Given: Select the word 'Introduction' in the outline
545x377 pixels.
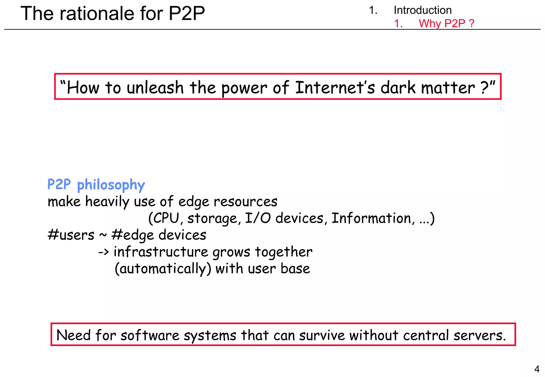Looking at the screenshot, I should coord(423,10).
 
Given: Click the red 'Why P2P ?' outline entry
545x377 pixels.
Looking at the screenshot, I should coord(447,23).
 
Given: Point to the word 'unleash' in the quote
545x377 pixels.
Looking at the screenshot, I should coord(155,88).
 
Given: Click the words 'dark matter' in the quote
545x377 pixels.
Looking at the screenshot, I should coord(428,88).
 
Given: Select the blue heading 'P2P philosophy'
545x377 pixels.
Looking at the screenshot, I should coord(96,185).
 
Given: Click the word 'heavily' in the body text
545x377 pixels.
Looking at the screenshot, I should coord(107,202).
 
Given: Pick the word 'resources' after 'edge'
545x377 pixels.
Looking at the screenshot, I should coord(245,202).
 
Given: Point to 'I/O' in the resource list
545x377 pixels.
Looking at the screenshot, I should coord(258,218).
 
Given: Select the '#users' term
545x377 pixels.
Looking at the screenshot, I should coord(71,235).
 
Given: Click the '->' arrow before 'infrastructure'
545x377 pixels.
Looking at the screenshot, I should coord(104,252).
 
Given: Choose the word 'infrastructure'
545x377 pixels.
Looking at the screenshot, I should coord(161,252).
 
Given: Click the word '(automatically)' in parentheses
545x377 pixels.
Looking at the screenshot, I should coord(163,269).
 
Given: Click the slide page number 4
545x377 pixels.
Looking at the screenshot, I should coord(537,369).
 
